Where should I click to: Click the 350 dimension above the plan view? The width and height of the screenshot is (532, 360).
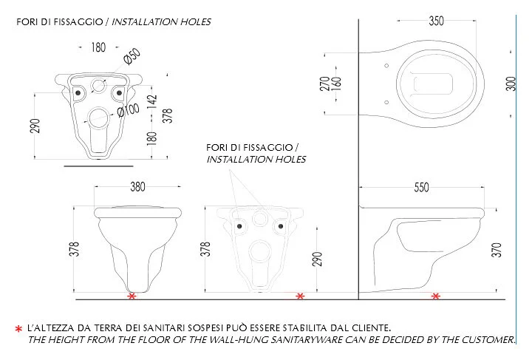[436, 21]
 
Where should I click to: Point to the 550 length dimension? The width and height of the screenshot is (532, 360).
[421, 187]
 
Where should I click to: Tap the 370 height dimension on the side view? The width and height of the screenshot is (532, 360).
[497, 250]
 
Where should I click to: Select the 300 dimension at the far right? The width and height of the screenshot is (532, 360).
[511, 84]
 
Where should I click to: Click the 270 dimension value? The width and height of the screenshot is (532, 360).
[324, 84]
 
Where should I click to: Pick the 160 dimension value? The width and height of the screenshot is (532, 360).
[336, 84]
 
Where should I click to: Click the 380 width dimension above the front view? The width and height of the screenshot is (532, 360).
[137, 186]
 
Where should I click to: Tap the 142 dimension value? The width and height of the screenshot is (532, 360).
[152, 102]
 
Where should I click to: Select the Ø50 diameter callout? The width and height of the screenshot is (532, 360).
[132, 56]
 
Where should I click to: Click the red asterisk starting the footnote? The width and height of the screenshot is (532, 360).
[18, 329]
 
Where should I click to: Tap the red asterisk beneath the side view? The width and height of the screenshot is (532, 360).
[436, 296]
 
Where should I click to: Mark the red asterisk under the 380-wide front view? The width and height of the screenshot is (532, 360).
[132, 296]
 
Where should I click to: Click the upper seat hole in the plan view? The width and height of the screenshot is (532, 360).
[386, 66]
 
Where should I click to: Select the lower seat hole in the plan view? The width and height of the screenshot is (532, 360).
[386, 102]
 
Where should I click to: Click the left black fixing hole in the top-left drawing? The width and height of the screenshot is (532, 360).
[78, 92]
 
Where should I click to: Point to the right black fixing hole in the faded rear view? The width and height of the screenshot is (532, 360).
[281, 226]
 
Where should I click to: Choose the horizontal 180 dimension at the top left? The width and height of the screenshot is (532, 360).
[98, 47]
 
